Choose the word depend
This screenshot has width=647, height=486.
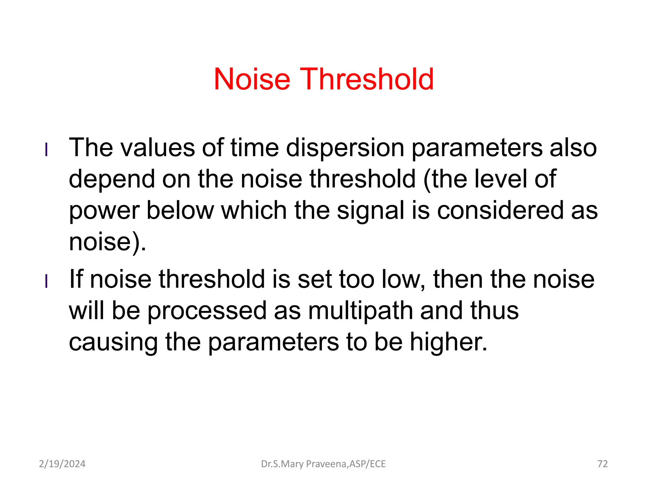tap(112, 179)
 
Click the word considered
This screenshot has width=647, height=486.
tap(500, 210)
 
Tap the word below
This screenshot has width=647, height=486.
tap(180, 210)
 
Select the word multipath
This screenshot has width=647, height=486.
tap(360, 311)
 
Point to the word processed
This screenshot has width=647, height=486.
tap(207, 311)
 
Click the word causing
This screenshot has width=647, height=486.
tap(113, 342)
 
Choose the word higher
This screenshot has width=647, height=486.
tap(449, 342)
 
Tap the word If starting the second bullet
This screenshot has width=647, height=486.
tap(76, 279)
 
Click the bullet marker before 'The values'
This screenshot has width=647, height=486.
tap(46, 150)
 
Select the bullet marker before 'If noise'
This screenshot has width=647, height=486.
tap(46, 281)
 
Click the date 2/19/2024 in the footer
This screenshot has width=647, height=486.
tap(62, 464)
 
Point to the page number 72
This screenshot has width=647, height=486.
tap(602, 464)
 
